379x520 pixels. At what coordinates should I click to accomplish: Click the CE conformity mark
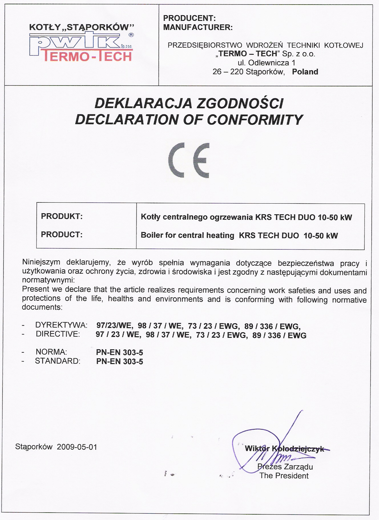tap(189, 160)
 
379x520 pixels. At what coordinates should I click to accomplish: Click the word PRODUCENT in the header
tap(189, 18)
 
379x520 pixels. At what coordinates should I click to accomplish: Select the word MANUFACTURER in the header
tap(198, 27)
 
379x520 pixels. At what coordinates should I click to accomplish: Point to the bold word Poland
tap(305, 72)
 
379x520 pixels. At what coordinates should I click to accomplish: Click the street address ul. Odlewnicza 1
tap(266, 63)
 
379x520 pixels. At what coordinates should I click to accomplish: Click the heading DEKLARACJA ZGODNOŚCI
tap(189, 103)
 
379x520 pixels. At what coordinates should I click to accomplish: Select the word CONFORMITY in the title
tap(255, 120)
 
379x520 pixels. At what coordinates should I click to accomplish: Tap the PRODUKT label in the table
tap(62, 216)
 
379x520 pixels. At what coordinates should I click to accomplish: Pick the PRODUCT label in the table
tap(62, 235)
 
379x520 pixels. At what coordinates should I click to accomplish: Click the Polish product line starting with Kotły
tap(246, 217)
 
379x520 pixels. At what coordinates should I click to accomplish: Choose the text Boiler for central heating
tap(187, 235)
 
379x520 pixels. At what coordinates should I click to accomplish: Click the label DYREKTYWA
tap(61, 325)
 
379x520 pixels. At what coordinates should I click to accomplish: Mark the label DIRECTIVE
tap(58, 334)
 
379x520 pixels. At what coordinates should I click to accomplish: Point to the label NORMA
tap(51, 352)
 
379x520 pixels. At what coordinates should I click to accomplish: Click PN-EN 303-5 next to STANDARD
tap(120, 361)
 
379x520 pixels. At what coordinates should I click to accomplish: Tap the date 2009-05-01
tap(77, 447)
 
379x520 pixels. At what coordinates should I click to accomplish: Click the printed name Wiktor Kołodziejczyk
tap(284, 449)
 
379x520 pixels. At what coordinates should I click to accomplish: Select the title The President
tap(284, 476)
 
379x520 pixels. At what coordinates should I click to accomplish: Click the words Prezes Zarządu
tap(285, 467)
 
